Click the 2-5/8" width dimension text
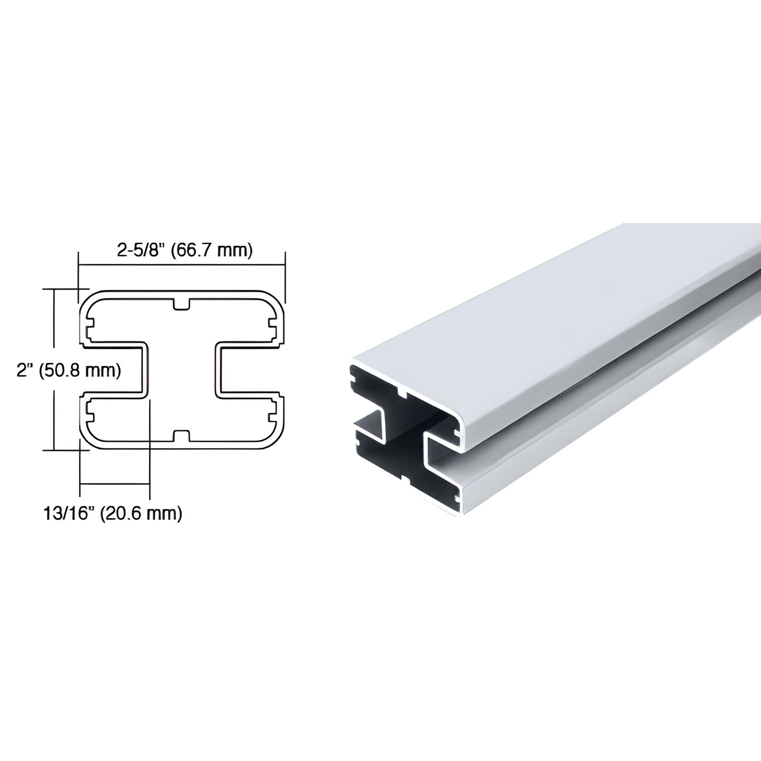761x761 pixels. click(x=141, y=250)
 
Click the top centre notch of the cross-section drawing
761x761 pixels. click(x=182, y=304)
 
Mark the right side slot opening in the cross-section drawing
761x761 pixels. click(x=251, y=370)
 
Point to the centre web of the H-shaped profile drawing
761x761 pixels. click(x=182, y=370)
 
